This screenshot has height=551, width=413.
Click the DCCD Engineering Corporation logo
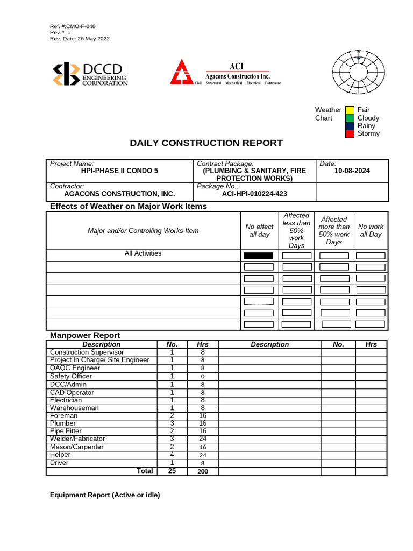pyautogui.click(x=89, y=74)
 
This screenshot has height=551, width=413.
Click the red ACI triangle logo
pyautogui.click(x=182, y=73)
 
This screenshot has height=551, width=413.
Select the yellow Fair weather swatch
pyautogui.click(x=350, y=110)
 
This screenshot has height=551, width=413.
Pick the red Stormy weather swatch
pyautogui.click(x=350, y=133)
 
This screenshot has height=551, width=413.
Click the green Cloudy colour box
pyautogui.click(x=350, y=118)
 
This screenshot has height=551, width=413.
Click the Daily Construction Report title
pyautogui.click(x=206, y=143)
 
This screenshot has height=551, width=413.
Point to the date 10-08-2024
pyautogui.click(x=352, y=171)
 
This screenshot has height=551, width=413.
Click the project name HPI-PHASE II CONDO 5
pyautogui.click(x=119, y=171)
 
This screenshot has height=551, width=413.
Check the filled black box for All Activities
pyautogui.click(x=258, y=256)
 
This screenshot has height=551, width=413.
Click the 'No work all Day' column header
pyautogui.click(x=371, y=231)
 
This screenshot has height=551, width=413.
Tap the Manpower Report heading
pyautogui.click(x=85, y=335)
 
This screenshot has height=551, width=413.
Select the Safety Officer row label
pyautogui.click(x=70, y=377)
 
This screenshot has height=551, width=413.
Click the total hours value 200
pyautogui.click(x=203, y=471)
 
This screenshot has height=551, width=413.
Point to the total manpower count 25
pyautogui.click(x=172, y=471)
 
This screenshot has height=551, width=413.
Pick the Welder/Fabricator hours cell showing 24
pyautogui.click(x=203, y=439)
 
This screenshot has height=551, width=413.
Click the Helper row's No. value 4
pyautogui.click(x=172, y=455)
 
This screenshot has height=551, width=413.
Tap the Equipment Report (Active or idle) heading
pyautogui.click(x=105, y=495)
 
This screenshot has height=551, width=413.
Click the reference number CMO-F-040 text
pyautogui.click(x=73, y=26)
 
